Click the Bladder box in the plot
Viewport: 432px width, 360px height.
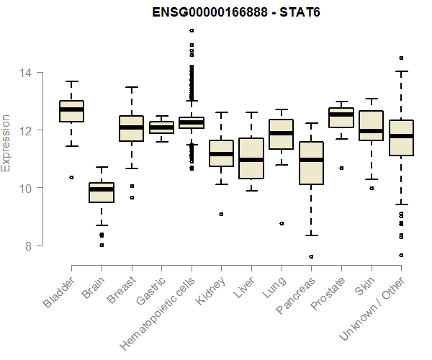(71, 112)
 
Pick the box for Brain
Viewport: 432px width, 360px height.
(102, 193)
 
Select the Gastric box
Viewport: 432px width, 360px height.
(161, 127)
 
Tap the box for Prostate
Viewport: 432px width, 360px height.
(341, 117)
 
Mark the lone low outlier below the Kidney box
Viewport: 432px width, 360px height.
(221, 214)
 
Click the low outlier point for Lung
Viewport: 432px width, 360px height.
(282, 223)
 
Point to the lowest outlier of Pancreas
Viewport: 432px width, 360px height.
(311, 256)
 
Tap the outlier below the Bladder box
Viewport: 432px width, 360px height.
(71, 177)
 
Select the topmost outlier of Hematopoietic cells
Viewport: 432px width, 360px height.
(192, 30)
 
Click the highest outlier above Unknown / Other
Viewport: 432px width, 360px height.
(401, 58)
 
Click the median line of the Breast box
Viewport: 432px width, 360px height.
(131, 127)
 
